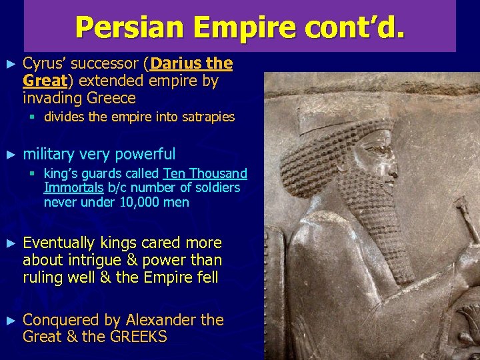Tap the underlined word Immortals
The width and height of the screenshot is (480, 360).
[73, 188]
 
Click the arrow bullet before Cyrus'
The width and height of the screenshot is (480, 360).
[9, 65]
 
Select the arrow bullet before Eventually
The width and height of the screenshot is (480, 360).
[9, 243]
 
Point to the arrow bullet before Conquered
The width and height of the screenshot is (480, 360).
[9, 321]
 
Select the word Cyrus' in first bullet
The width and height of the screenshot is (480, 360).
[43, 64]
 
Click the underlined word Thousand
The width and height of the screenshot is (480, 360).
[219, 174]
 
